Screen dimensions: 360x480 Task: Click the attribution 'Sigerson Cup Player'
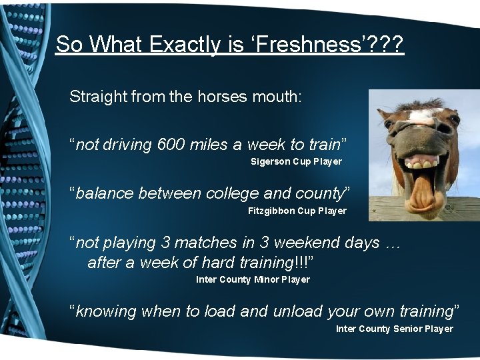pos(296,161)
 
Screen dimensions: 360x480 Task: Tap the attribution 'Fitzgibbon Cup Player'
pos(297,211)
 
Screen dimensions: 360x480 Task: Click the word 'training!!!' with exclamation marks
pos(274,262)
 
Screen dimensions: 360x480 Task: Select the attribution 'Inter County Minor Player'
pos(253,279)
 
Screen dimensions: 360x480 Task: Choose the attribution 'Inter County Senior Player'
pos(394,329)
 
